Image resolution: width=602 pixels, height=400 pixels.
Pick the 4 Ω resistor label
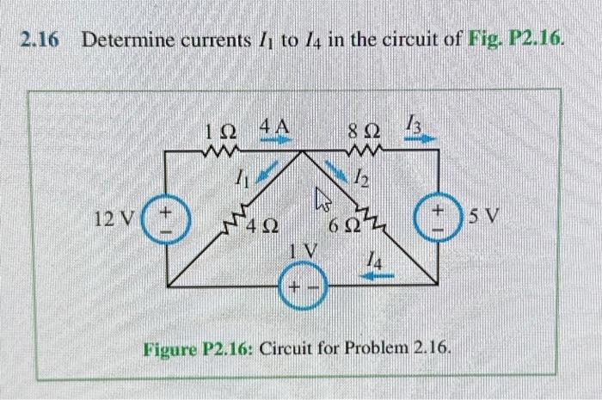[x=261, y=229]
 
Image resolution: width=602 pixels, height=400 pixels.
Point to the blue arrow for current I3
[x=425, y=138]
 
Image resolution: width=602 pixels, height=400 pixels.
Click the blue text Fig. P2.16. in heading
[x=513, y=40]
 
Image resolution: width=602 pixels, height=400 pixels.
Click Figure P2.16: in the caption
[x=199, y=349]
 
